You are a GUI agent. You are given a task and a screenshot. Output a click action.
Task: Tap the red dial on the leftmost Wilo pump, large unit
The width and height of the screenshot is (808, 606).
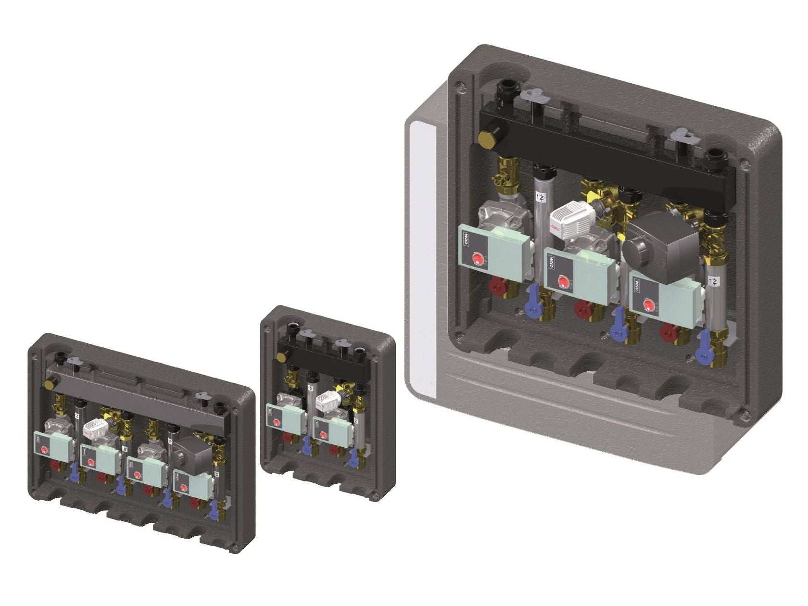[479, 260]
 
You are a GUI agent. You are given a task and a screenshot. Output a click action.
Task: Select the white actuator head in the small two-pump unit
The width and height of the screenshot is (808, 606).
[328, 399]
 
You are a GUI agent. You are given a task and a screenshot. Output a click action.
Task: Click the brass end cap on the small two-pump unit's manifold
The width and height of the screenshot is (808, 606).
[283, 356]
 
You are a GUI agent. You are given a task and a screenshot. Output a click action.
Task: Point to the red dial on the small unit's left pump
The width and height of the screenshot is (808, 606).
[276, 422]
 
